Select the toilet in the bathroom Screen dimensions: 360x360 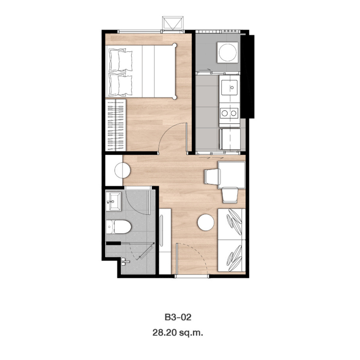pyautogui.click(x=118, y=227)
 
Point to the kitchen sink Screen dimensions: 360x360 pyautogui.click(x=229, y=87)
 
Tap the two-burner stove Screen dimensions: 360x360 pyautogui.click(x=229, y=113)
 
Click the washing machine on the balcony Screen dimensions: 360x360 pyautogui.click(x=227, y=52)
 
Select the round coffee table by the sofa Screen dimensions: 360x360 pyautogui.click(x=206, y=222)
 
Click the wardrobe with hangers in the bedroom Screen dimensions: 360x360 pyautogui.click(x=115, y=125)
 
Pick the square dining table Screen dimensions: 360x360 pyautogui.click(x=232, y=175)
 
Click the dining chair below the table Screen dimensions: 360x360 pyautogui.click(x=230, y=195)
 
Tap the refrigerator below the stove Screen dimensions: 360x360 pyautogui.click(x=230, y=139)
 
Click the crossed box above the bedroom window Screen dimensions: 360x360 pyautogui.click(x=173, y=23)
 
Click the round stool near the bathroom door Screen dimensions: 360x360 pyautogui.click(x=122, y=170)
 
